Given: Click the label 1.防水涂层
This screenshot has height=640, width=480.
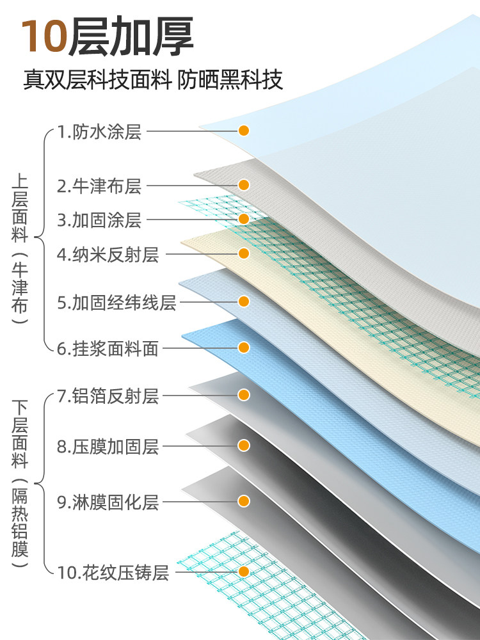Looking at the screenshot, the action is click(99, 132).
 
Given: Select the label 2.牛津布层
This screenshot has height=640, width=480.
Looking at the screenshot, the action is click(99, 186).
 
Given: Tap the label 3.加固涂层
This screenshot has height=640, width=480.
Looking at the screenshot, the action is click(99, 220).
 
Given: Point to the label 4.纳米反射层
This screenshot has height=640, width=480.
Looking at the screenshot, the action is click(108, 255).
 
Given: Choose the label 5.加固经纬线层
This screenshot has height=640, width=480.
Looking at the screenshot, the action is click(116, 302).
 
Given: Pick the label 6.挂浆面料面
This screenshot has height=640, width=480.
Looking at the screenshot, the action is click(108, 349).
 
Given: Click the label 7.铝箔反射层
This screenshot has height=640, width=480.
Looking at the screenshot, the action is click(108, 396).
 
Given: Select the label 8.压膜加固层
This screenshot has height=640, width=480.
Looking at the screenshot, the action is click(108, 447).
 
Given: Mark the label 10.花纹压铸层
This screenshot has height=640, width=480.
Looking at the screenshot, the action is click(113, 573).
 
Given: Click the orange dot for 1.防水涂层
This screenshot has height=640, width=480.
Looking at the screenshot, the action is click(244, 131).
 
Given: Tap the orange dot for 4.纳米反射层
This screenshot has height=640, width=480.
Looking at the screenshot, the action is click(244, 253).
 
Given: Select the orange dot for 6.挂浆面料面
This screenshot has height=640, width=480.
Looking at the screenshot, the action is click(244, 348).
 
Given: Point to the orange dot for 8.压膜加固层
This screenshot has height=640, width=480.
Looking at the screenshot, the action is click(244, 445).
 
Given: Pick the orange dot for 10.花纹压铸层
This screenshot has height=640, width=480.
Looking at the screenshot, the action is click(244, 571).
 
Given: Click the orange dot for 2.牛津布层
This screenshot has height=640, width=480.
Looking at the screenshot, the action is click(244, 185).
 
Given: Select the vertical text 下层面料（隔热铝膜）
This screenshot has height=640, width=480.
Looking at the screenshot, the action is click(20, 483).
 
